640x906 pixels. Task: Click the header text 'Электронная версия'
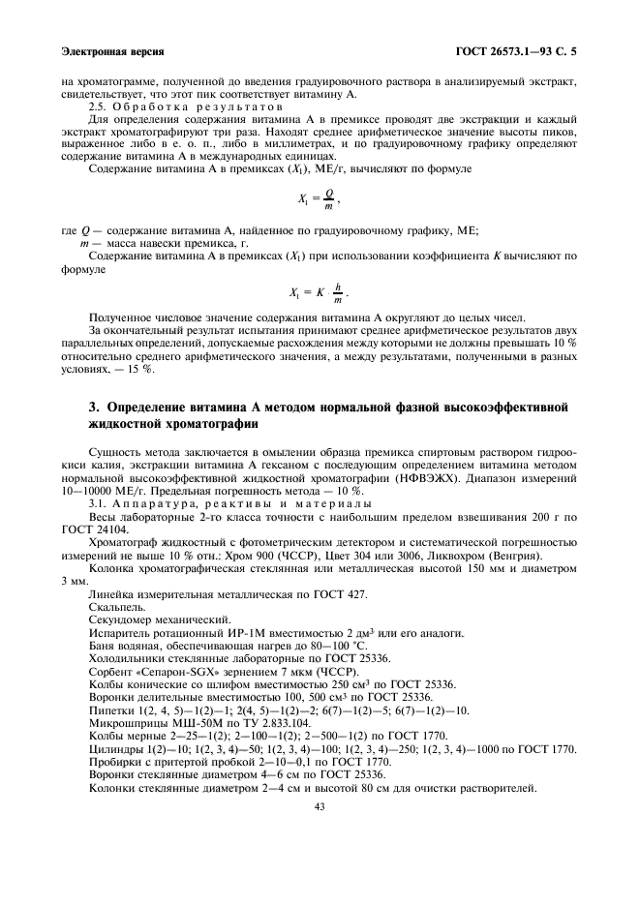[x=112, y=49]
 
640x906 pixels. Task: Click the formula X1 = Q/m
[x=320, y=200]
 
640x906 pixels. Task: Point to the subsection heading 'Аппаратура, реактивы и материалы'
[x=242, y=504]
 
